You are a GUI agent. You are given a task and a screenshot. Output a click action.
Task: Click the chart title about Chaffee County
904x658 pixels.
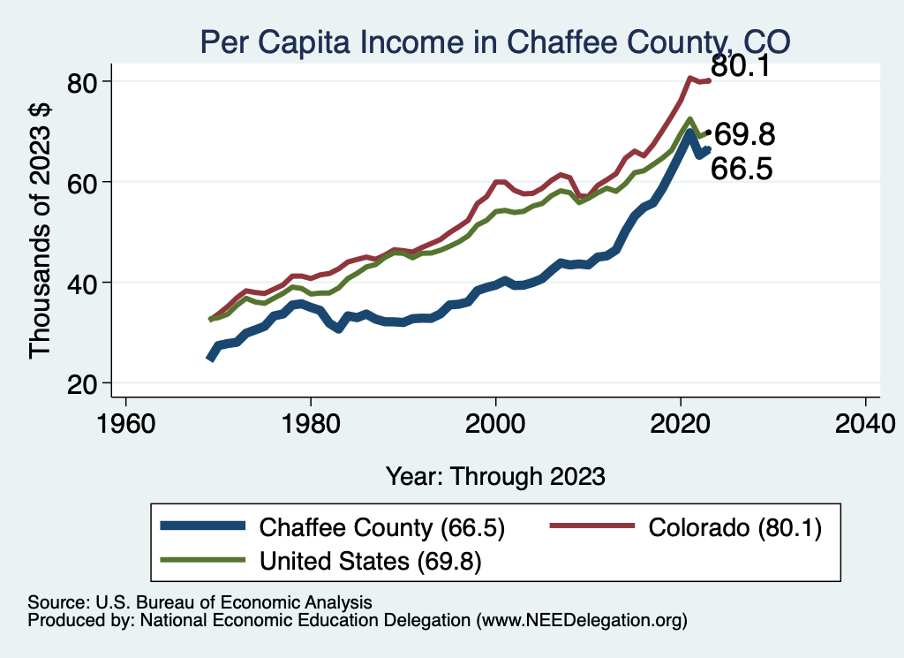[x=494, y=42]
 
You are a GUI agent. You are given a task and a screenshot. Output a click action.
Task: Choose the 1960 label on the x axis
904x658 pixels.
[x=126, y=420]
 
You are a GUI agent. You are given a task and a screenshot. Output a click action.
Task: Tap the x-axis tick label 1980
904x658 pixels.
[x=311, y=420]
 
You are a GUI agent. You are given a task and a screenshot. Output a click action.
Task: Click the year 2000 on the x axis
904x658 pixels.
[x=496, y=420]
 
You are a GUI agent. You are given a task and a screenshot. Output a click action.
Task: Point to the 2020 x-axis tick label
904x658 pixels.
[x=681, y=420]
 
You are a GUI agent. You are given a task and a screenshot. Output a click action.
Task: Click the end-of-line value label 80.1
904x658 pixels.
[x=742, y=67]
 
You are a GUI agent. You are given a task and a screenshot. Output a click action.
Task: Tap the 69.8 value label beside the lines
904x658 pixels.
[x=744, y=135]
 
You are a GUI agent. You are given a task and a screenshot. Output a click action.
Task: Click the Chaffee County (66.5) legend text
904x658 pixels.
[x=381, y=528]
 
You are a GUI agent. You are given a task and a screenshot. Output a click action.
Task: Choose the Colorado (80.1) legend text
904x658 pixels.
[x=734, y=528]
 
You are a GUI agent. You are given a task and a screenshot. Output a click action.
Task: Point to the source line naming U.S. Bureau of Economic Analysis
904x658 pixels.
[x=200, y=602]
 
